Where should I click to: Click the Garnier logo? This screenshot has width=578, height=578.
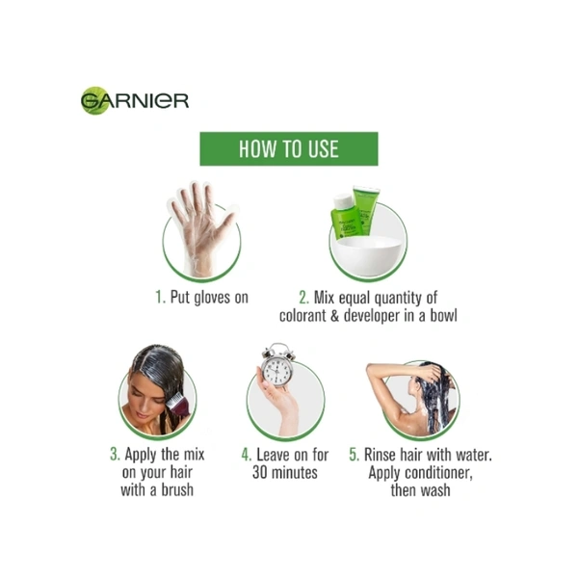point(135,100)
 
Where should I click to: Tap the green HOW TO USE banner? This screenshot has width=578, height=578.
point(289,148)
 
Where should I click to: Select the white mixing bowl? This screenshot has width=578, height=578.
point(369,255)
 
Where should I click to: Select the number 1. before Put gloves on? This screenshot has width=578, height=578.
point(160,297)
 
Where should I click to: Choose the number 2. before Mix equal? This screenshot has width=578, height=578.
point(303,298)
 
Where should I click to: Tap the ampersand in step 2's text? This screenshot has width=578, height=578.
point(334,316)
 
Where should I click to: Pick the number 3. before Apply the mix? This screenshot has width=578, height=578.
point(115,454)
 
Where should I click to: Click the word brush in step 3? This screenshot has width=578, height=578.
point(177,490)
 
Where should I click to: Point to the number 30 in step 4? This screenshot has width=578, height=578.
point(260,472)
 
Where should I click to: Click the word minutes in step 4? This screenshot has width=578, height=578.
point(294,472)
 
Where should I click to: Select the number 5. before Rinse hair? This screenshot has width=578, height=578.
point(354,454)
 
